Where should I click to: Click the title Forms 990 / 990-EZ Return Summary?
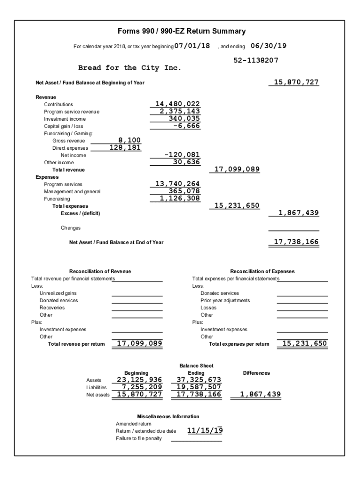[182, 31]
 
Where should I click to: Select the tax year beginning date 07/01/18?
[192, 46]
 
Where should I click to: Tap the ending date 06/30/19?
[268, 46]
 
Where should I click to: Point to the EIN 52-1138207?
[256, 60]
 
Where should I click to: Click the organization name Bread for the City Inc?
[130, 68]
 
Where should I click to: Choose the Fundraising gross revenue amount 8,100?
[130, 140]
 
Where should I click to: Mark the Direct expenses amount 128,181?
[125, 147]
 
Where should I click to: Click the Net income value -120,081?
[182, 155]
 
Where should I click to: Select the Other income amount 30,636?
[186, 162]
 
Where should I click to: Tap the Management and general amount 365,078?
[184, 191]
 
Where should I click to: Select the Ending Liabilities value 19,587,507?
[198, 387]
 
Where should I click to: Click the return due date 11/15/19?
[205, 430]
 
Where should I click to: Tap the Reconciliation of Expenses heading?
[262, 271]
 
